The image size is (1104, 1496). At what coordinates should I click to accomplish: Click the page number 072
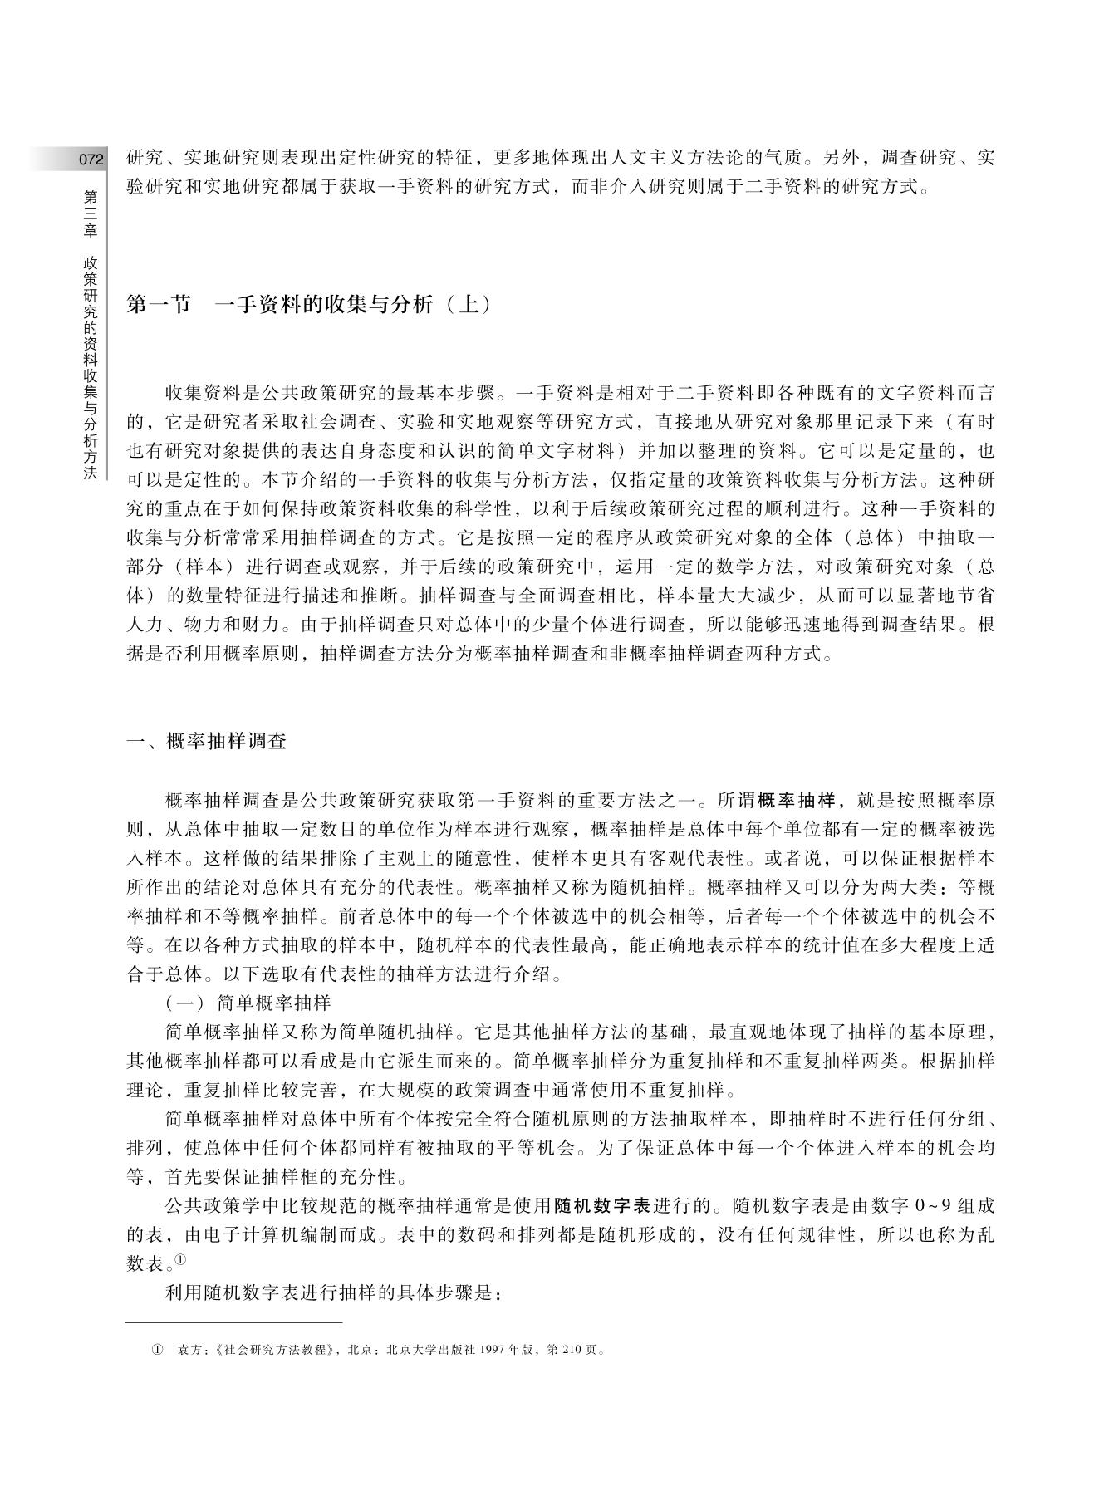(x=91, y=159)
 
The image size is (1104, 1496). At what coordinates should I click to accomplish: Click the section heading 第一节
(x=158, y=305)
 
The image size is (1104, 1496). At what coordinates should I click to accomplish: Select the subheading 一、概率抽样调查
(x=206, y=742)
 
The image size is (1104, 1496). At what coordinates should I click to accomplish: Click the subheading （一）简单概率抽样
(x=248, y=1003)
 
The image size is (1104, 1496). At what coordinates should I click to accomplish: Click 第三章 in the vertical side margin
(x=90, y=213)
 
